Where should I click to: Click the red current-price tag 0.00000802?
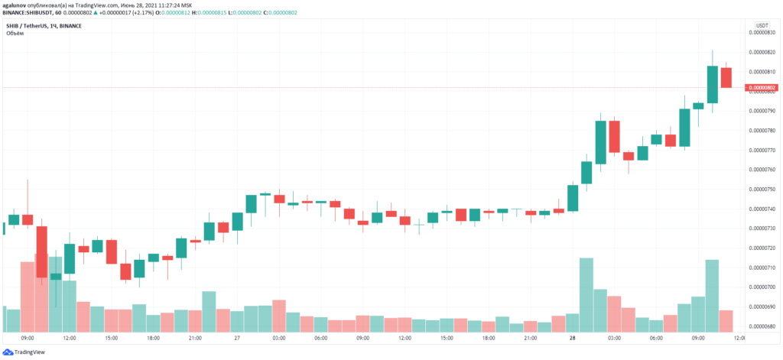pos(762,88)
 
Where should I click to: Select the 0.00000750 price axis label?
pos(762,189)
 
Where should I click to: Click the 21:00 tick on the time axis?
pos(195,337)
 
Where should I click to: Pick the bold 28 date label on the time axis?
pos(572,337)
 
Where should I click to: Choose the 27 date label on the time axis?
pos(236,337)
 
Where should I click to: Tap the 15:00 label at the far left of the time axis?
pos(111,337)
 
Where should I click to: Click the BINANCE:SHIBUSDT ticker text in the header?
pos(29,13)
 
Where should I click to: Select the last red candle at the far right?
pos(726,77)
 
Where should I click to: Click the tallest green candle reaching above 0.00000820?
pos(713,84)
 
